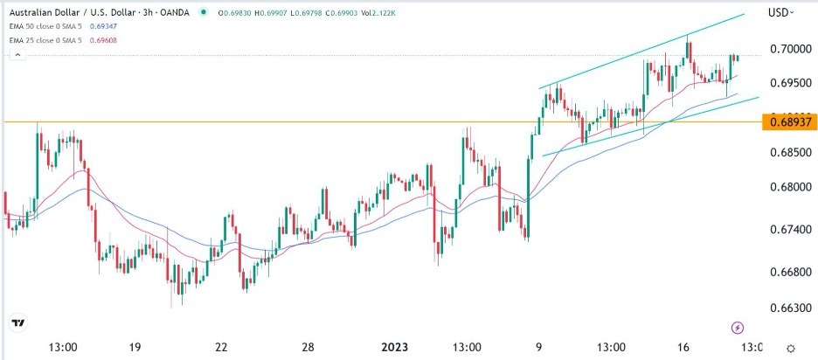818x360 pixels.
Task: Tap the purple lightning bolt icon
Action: click(x=738, y=327)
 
